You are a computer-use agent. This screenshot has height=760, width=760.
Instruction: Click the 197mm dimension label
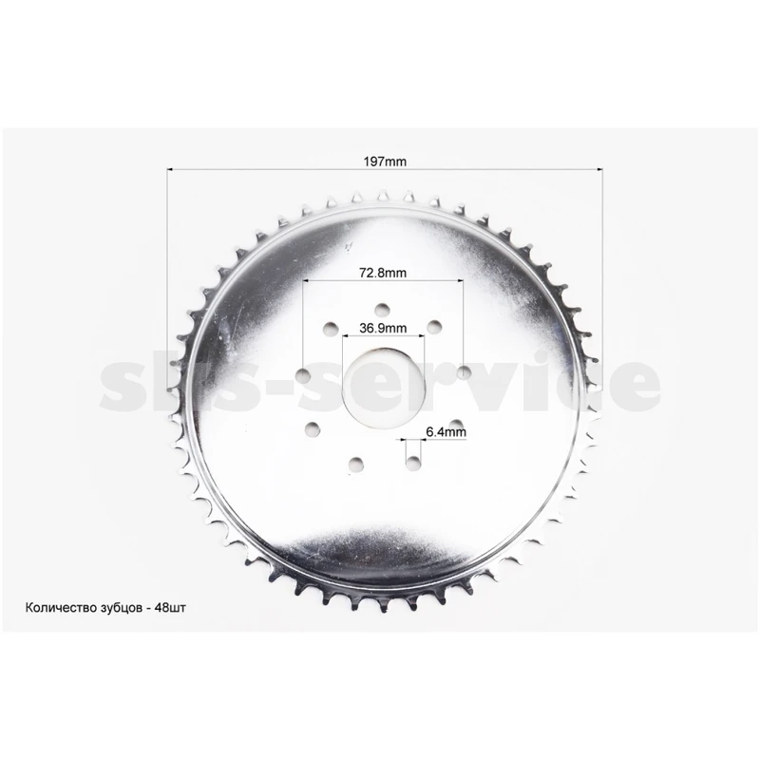(385, 161)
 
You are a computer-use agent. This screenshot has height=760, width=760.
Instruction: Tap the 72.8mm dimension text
(383, 273)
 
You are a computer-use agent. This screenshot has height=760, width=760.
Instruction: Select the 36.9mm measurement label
(383, 328)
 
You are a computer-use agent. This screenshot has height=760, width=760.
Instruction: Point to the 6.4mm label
(446, 431)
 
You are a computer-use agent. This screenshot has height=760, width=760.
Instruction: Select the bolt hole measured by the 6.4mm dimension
(413, 464)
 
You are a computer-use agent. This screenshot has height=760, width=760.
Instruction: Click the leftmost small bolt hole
(304, 374)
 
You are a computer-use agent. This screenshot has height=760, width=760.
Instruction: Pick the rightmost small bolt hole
(464, 372)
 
